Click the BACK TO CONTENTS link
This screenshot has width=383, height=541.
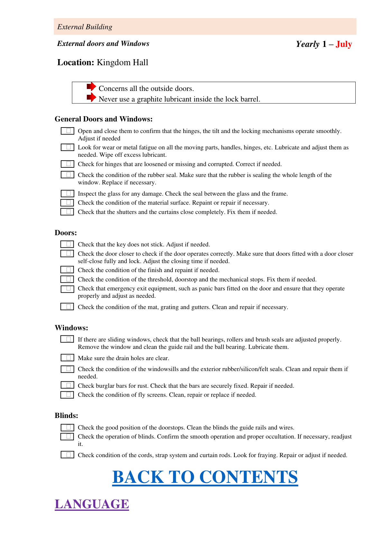[x=205, y=477]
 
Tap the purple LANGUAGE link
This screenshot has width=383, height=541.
[x=92, y=504]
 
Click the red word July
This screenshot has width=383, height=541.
[x=343, y=44]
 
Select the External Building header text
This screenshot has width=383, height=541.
[x=85, y=27]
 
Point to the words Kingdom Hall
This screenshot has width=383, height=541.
[x=122, y=62]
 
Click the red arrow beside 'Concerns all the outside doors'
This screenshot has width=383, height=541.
[x=91, y=86]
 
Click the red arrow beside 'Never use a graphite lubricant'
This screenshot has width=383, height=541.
[x=91, y=97]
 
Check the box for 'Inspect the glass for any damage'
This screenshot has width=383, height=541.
[x=68, y=193]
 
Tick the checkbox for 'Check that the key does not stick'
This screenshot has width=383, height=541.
[x=68, y=244]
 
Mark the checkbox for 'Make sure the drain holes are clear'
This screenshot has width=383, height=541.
[x=68, y=358]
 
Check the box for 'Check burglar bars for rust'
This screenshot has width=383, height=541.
[x=68, y=385]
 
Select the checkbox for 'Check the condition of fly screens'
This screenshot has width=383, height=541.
[x=68, y=395]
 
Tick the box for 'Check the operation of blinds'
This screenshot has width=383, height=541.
[x=68, y=436]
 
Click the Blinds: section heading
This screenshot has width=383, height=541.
[x=66, y=416]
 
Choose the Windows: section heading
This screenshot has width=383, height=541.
[x=71, y=328]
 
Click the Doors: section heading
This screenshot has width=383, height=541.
[x=66, y=233]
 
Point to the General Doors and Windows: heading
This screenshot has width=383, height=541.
[x=104, y=119]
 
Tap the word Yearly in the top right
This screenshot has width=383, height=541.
[x=307, y=44]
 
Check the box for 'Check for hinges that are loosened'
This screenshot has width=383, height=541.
[x=68, y=164]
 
